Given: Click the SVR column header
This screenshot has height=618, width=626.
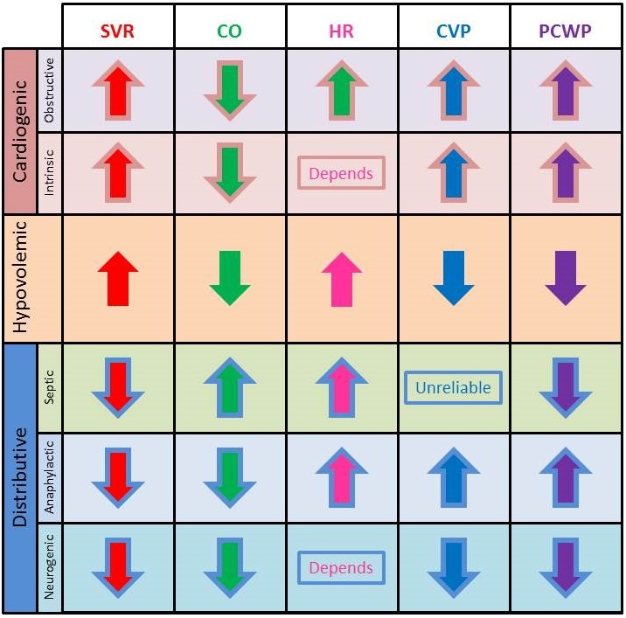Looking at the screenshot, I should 118,31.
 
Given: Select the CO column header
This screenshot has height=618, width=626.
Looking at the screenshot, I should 229,31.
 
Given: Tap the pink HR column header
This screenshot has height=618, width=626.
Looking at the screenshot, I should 341,31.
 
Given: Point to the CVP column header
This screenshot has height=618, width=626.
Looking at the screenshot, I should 453,31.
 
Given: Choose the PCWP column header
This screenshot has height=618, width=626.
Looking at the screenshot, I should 565,31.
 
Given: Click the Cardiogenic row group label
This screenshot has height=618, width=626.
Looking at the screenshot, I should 20,131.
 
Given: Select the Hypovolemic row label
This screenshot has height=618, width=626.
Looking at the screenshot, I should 20,278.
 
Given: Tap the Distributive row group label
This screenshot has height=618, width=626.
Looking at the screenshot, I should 20,477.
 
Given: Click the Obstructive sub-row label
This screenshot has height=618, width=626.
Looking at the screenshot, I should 49,89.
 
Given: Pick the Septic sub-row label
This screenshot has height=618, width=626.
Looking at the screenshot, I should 49,386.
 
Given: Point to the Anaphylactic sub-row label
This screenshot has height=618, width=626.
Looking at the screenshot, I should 49,477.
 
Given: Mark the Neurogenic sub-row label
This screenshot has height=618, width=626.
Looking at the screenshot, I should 49,566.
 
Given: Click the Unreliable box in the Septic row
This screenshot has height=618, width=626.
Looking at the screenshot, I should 453,387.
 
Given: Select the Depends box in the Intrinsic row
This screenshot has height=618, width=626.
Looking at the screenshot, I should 341,173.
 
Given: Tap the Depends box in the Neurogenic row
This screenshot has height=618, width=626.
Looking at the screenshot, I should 341,568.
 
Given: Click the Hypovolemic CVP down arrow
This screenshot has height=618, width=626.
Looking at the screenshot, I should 453,278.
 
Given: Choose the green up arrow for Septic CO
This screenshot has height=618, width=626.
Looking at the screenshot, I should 229,386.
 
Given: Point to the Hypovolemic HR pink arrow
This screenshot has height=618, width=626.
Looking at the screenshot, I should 341,278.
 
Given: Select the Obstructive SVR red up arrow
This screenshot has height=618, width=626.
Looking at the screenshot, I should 118,90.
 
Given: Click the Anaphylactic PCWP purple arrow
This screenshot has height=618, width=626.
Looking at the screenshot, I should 565,477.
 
